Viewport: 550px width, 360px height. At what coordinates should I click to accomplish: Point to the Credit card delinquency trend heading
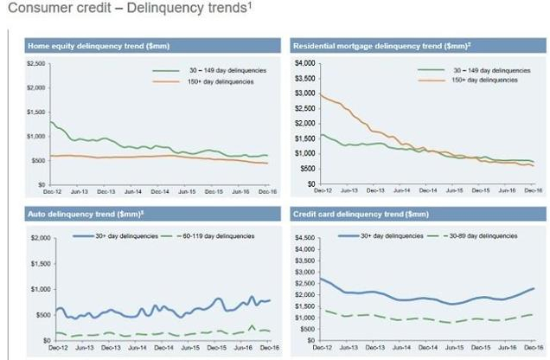(x=348, y=213)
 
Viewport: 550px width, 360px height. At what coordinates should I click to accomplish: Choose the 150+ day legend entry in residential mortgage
(x=485, y=79)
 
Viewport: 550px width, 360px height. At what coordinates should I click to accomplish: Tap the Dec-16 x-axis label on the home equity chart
(x=266, y=191)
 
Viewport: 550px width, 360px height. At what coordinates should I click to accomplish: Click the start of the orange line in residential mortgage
(x=321, y=94)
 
